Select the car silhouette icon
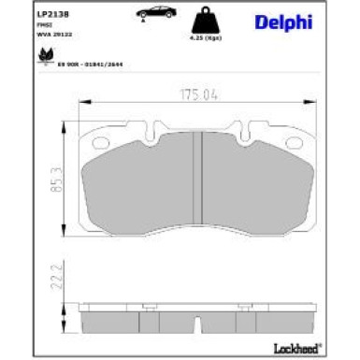151,13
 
